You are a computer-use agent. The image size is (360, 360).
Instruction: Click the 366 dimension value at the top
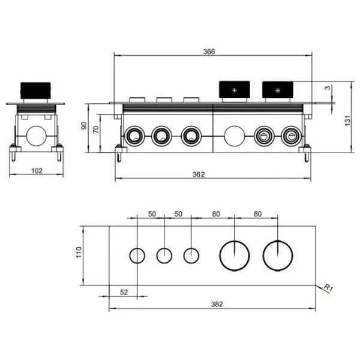(209, 52)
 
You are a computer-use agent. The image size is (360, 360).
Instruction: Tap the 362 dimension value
(199, 175)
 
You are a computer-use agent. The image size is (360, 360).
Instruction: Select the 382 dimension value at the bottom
(217, 304)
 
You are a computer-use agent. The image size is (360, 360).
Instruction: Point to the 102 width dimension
(37, 171)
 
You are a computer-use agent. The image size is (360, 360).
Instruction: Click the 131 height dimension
(347, 121)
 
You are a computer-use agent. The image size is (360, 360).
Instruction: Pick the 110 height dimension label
(79, 253)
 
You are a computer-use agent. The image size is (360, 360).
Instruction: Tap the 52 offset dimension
(124, 292)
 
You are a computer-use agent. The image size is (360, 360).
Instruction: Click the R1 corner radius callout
(329, 288)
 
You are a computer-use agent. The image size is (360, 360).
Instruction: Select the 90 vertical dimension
(84, 125)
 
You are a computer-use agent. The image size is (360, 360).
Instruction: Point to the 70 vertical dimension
(96, 129)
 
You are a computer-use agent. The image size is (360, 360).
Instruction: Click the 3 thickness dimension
(328, 88)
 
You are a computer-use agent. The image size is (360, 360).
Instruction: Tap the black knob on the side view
(35, 91)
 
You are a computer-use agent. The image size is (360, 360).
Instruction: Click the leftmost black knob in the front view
(235, 89)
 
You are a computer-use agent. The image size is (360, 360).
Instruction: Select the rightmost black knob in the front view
(278, 89)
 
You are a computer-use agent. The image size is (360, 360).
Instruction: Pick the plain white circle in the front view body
(234, 136)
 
